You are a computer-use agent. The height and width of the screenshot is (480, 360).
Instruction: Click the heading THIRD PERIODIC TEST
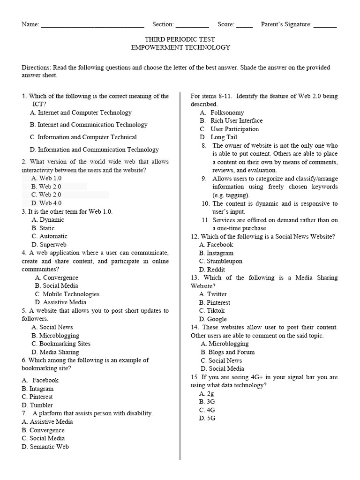click(x=180, y=39)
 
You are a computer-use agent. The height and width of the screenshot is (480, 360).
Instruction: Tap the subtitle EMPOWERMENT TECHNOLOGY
click(x=180, y=47)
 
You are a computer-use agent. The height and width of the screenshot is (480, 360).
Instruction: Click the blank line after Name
click(x=92, y=25)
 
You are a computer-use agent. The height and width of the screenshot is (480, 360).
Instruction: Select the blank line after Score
click(x=244, y=25)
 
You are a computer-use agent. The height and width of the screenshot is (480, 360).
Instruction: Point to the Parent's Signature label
click(x=286, y=24)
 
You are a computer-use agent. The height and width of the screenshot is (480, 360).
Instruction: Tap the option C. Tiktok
click(x=212, y=311)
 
